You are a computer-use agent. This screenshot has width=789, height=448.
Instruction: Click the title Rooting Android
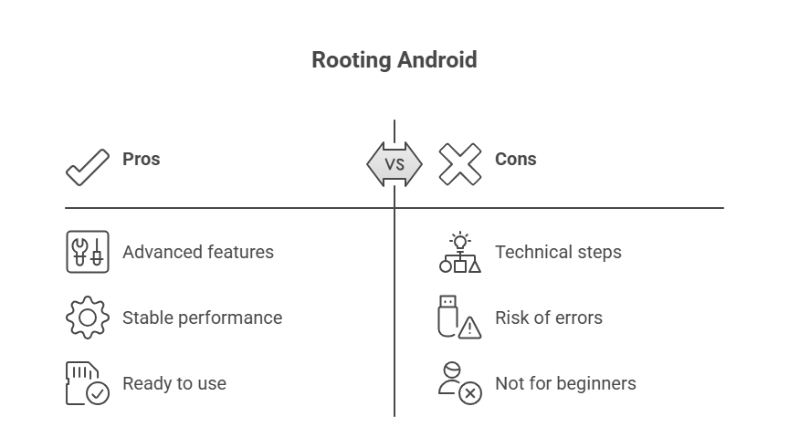pyautogui.click(x=394, y=60)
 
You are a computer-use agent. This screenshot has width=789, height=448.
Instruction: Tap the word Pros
pyautogui.click(x=142, y=159)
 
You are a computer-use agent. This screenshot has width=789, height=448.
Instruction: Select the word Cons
pyautogui.click(x=515, y=159)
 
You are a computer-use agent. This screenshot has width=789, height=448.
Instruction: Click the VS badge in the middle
pyautogui.click(x=394, y=164)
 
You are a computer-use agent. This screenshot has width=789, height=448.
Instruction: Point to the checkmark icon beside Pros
pyautogui.click(x=88, y=167)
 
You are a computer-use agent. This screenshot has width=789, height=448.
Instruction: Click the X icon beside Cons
pyautogui.click(x=459, y=164)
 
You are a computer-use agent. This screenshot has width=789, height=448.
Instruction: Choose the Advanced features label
pyautogui.click(x=198, y=252)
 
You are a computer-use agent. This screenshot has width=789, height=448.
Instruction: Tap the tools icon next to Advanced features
pyautogui.click(x=88, y=252)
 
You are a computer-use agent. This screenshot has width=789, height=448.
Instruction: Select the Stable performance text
pyautogui.click(x=202, y=318)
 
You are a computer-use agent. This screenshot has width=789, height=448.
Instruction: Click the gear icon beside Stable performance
pyautogui.click(x=88, y=318)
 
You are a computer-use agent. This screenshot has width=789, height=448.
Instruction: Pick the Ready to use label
pyautogui.click(x=174, y=383)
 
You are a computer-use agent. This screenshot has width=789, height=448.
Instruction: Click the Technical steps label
pyautogui.click(x=558, y=252)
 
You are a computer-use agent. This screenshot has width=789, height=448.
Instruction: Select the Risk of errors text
pyautogui.click(x=549, y=318)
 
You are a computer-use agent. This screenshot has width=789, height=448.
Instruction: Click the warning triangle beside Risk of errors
pyautogui.click(x=470, y=328)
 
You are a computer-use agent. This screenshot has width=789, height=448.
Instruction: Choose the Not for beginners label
pyautogui.click(x=565, y=383)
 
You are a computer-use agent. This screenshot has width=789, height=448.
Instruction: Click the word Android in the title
pyautogui.click(x=437, y=60)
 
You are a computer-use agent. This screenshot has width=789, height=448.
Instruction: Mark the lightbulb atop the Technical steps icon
pyautogui.click(x=460, y=240)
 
